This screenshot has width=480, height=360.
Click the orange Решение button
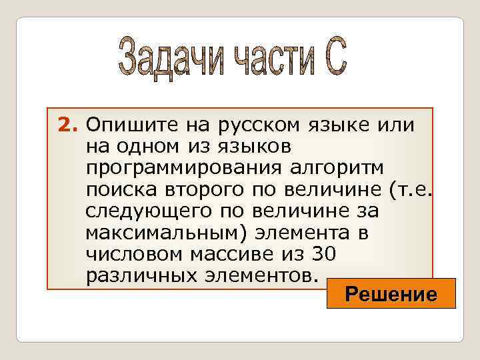(x=391, y=294)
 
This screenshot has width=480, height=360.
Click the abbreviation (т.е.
(x=409, y=190)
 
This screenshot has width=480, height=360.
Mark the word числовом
(x=129, y=255)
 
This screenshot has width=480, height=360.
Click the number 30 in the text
(x=321, y=255)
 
